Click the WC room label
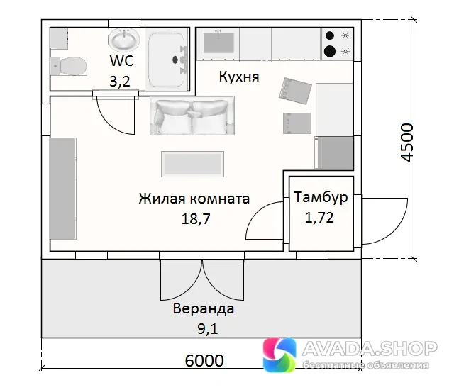click(x=121, y=60)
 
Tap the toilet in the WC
click(x=68, y=66)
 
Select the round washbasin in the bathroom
click(x=124, y=39)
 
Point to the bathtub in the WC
click(x=167, y=60)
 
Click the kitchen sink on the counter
click(x=218, y=43)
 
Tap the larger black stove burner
click(x=330, y=52)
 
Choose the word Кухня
click(x=239, y=77)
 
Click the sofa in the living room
click(x=192, y=116)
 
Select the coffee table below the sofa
click(x=192, y=164)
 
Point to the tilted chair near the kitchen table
click(x=295, y=91)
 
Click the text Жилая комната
click(x=194, y=199)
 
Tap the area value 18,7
click(x=196, y=219)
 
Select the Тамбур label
click(x=321, y=197)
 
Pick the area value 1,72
click(x=319, y=217)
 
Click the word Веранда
click(x=204, y=308)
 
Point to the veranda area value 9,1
click(x=208, y=329)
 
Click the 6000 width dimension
click(x=204, y=360)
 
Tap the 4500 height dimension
click(x=406, y=143)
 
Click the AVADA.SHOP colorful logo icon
click(x=279, y=354)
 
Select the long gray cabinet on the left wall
click(x=63, y=189)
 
